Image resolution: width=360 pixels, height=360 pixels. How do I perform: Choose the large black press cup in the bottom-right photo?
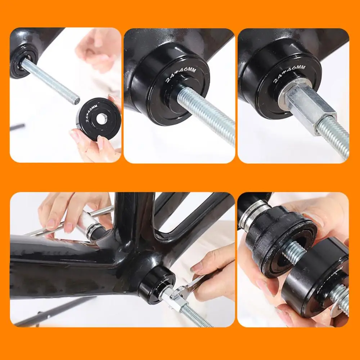click(313, 277)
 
